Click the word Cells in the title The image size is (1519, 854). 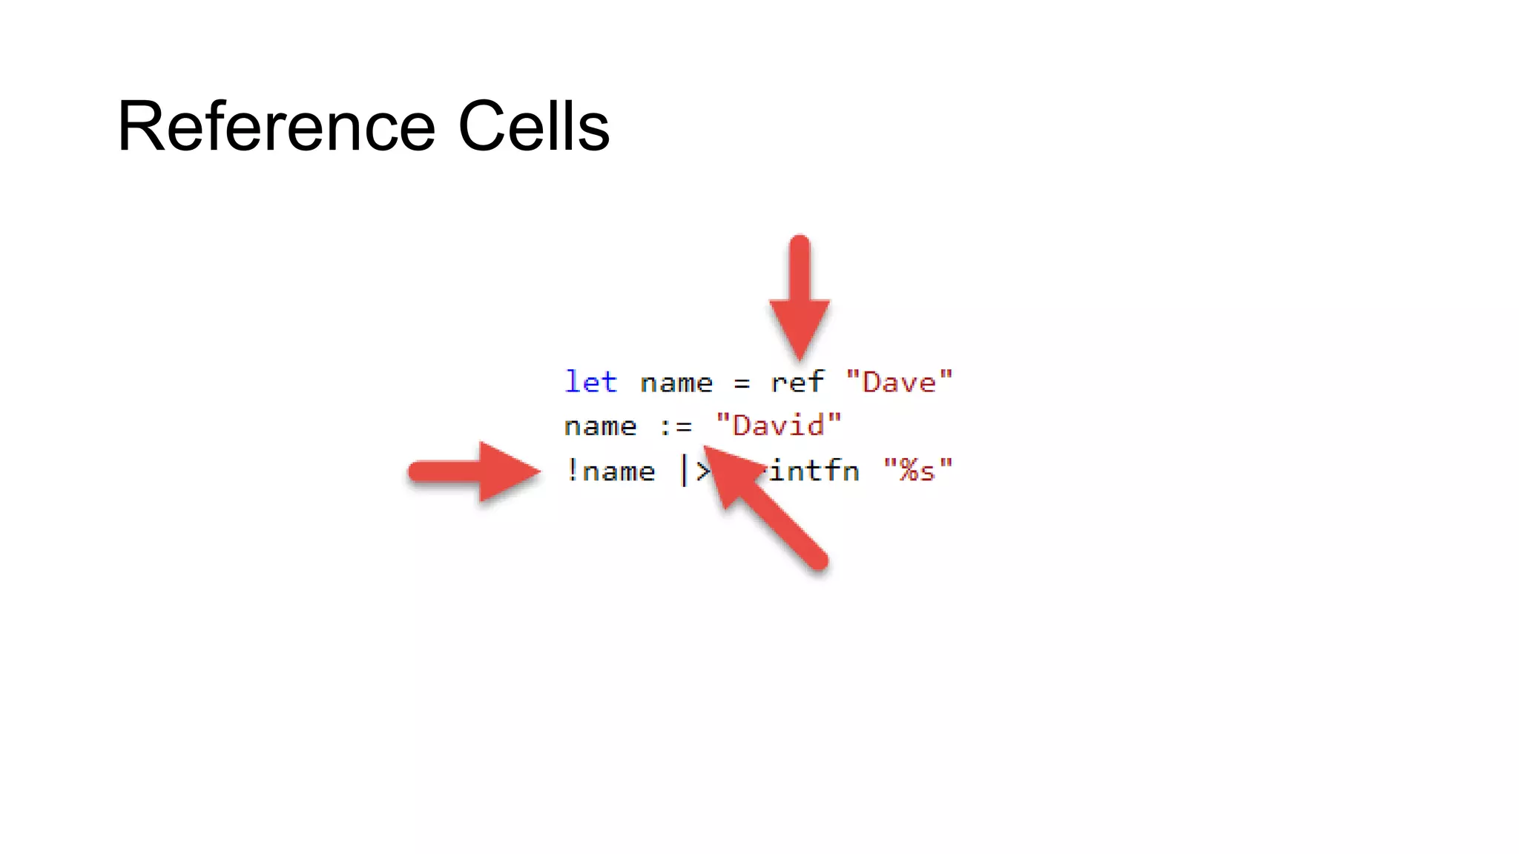pyautogui.click(x=533, y=127)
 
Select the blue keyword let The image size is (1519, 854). pyautogui.click(x=590, y=383)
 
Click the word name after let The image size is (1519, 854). pyautogui.click(x=676, y=383)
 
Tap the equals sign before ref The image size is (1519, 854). pyautogui.click(x=742, y=384)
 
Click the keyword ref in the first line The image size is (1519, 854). pyautogui.click(x=797, y=383)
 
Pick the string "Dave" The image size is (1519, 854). pyautogui.click(x=899, y=383)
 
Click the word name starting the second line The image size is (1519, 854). pyautogui.click(x=600, y=427)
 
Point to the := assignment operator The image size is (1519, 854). pyautogui.click(x=676, y=427)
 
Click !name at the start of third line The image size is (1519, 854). pyautogui.click(x=610, y=471)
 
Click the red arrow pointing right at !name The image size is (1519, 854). pyautogui.click(x=475, y=471)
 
